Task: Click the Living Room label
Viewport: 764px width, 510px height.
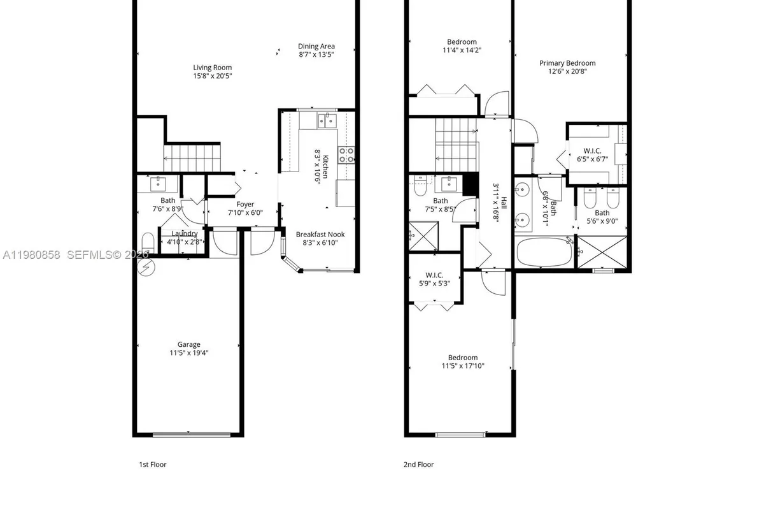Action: pos(213,68)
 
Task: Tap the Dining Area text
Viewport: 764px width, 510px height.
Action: pos(316,47)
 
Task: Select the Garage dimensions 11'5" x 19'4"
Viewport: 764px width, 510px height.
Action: pos(188,353)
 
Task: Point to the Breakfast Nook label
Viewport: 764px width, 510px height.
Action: pos(320,235)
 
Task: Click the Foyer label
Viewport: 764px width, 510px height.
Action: pos(245,205)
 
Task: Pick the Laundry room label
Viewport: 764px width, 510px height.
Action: pos(185,234)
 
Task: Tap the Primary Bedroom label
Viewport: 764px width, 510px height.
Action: pos(567,63)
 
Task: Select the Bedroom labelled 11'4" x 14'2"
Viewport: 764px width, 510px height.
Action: pos(461,42)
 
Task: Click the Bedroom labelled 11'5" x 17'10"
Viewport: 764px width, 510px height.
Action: pos(463,358)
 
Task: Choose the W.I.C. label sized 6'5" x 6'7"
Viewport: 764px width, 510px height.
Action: pos(589,151)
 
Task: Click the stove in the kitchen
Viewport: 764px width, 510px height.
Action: pos(347,154)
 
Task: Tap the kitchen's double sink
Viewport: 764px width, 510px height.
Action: pos(327,120)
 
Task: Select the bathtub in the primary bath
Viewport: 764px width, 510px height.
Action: pos(545,252)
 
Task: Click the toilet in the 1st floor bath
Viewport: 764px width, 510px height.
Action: pos(147,243)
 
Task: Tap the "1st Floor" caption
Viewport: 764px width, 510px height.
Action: pos(153,465)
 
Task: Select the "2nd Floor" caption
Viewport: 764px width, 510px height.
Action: pos(418,465)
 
